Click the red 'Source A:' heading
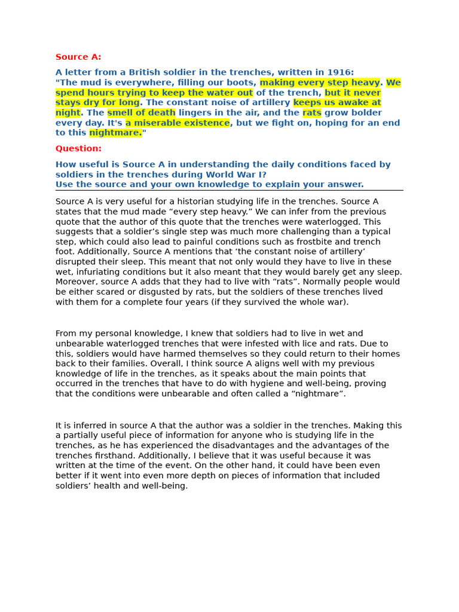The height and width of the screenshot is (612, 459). click(x=78, y=57)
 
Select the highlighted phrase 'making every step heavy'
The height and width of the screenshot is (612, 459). click(x=320, y=82)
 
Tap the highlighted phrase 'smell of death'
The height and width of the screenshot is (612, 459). click(x=141, y=113)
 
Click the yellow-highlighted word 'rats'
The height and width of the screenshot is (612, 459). click(x=312, y=113)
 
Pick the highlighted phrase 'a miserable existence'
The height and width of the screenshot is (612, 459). click(x=177, y=123)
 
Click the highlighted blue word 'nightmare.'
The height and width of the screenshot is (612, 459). click(x=115, y=133)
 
